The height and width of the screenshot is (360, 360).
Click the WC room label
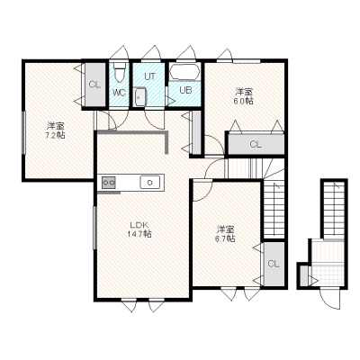point(119,93)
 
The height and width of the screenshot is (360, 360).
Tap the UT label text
point(149,76)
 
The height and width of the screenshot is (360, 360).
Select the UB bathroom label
point(185,90)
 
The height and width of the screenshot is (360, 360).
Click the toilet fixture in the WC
point(120,72)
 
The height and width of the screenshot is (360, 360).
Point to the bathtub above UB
point(184,72)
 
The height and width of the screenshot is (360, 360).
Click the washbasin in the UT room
point(139,96)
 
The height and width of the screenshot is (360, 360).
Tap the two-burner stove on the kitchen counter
point(109,183)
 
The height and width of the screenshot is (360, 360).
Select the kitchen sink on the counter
point(150,182)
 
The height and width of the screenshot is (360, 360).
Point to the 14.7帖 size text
point(139,234)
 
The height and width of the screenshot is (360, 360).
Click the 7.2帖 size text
point(55,135)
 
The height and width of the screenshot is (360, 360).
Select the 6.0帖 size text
point(243,101)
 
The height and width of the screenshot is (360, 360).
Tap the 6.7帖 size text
point(225,238)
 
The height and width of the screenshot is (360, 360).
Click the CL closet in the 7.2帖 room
point(94,85)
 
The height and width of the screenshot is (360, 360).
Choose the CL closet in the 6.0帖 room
point(256,144)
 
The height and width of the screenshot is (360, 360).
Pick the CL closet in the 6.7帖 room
point(274,264)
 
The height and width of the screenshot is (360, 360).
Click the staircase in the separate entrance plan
point(334,209)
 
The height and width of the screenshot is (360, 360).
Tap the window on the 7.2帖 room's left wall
point(23,132)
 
